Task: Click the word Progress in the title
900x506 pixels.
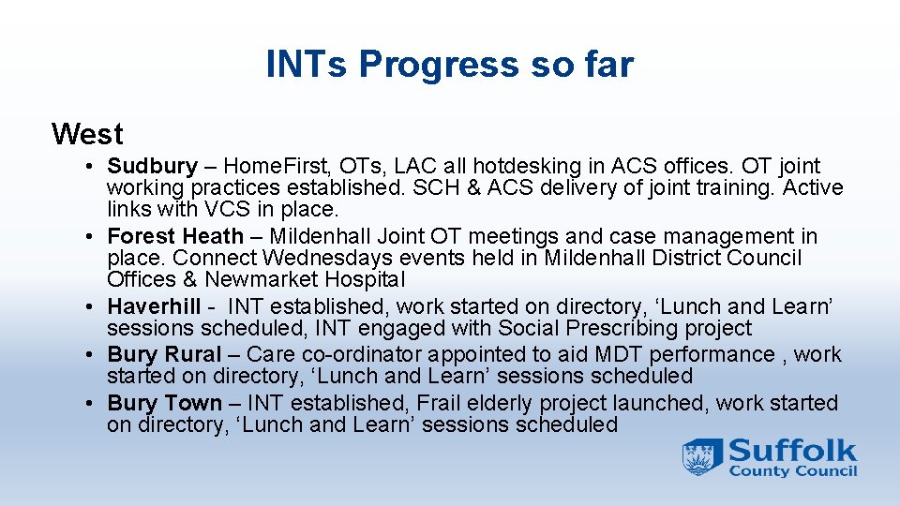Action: click(x=439, y=66)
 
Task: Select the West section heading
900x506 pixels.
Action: click(x=87, y=134)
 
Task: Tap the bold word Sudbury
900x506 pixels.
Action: click(x=152, y=167)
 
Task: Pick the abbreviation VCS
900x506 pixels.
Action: click(x=227, y=209)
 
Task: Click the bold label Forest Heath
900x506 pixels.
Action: click(x=175, y=236)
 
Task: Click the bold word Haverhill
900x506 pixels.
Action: click(x=154, y=306)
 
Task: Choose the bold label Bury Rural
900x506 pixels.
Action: click(x=164, y=354)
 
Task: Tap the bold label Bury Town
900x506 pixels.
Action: click(x=165, y=403)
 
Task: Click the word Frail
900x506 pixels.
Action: click(x=438, y=403)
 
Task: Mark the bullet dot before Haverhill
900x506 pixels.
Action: click(x=89, y=307)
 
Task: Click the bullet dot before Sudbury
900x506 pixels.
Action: click(x=89, y=167)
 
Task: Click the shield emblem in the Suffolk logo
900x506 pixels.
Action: click(x=702, y=457)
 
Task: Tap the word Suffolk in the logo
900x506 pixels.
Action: click(x=793, y=451)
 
